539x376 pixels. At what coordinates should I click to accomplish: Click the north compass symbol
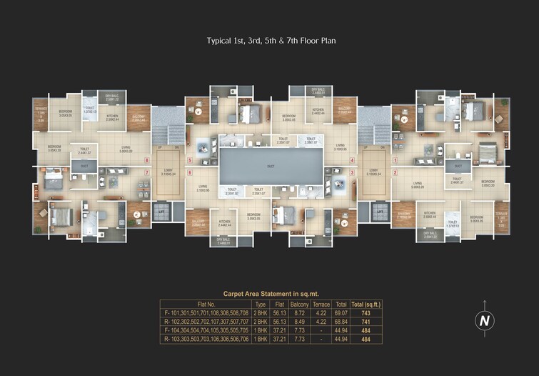coord(485,321)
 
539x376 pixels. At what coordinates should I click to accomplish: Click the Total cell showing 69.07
coord(342,313)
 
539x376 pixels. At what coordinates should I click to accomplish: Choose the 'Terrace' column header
coord(321,304)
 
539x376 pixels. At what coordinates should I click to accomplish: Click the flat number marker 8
coord(146,160)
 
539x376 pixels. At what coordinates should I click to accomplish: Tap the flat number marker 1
coord(395,160)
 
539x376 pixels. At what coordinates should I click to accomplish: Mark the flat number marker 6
coord(190,172)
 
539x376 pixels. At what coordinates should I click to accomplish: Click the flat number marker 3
coord(352,172)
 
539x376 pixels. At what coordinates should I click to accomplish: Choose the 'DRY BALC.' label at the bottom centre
coord(223,240)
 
